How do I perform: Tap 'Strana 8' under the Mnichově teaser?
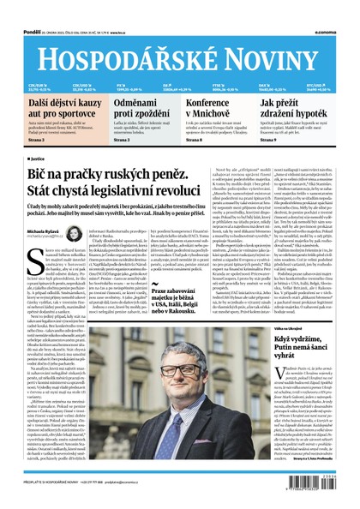click(x=195, y=139)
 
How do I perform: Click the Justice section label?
click(x=38, y=158)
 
